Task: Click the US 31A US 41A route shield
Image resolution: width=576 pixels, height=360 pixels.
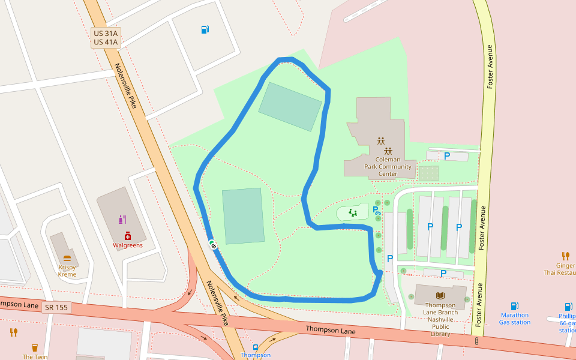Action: click(106, 37)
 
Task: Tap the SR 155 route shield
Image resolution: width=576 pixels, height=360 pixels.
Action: click(56, 307)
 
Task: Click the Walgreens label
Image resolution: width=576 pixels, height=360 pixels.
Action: click(128, 245)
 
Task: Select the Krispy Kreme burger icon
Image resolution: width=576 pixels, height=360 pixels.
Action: click(67, 259)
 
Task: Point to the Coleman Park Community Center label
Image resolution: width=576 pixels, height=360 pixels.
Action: click(388, 167)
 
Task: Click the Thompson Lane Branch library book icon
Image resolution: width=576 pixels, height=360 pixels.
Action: click(441, 295)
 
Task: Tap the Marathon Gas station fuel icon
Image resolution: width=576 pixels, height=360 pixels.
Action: click(514, 306)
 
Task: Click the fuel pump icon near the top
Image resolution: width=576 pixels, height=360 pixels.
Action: click(205, 29)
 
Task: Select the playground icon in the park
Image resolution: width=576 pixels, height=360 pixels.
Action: click(353, 212)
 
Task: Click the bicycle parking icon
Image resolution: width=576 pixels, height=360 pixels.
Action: click(378, 212)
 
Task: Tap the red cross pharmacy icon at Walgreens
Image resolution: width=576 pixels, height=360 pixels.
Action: click(128, 236)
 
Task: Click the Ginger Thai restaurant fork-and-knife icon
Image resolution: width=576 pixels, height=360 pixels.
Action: click(566, 256)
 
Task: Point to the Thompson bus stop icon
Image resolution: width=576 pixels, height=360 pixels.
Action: click(256, 347)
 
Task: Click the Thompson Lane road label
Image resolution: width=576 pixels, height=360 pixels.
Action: click(331, 330)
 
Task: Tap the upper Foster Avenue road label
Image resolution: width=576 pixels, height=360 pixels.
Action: click(490, 67)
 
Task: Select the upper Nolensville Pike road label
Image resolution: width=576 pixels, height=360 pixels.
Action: click(126, 85)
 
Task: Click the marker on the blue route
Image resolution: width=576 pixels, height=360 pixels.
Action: click(212, 244)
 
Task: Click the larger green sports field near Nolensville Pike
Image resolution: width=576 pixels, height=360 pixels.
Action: click(243, 216)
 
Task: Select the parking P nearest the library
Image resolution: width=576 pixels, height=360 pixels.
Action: click(443, 274)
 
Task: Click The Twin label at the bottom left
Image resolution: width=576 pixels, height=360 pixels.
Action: click(35, 356)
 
